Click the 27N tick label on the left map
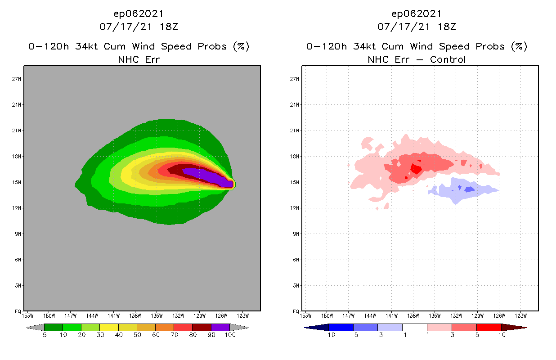pos(17,79)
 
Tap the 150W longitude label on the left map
pos(49,315)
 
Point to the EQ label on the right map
pos(296,311)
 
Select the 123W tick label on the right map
pos(520,315)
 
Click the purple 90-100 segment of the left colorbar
pos(220,327)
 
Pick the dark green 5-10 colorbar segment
pos(54,327)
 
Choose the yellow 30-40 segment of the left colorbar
pos(109,327)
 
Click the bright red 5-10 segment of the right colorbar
pos(488,327)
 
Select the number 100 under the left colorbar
pos(230,335)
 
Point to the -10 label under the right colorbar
pos(328,335)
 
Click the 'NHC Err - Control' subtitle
pos(417,59)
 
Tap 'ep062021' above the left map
pos(139,13)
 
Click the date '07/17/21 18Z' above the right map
pos(417,27)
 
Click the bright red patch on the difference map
pos(416,169)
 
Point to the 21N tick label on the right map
pos(295,130)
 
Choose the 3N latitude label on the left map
pos(18,285)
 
